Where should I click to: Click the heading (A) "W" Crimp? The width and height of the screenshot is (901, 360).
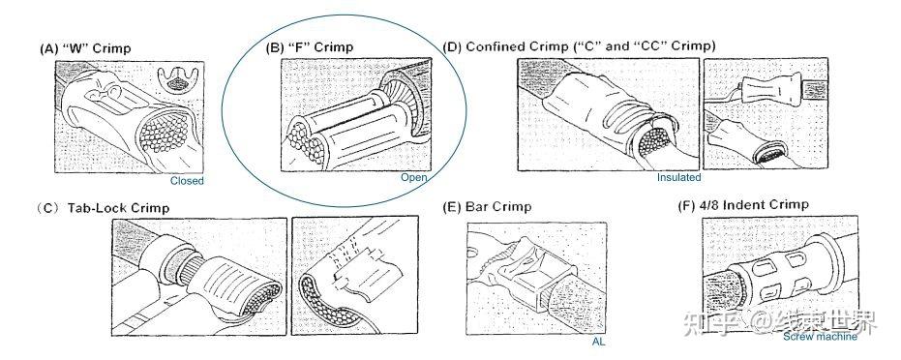(85, 48)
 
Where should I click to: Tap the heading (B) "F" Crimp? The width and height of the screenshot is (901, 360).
(309, 47)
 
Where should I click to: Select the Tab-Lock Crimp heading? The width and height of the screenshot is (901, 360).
(103, 207)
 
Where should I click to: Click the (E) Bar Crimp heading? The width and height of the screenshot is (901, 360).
(488, 206)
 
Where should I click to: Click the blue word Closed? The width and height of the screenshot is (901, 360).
(187, 181)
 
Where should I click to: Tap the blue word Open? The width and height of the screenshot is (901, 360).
(414, 177)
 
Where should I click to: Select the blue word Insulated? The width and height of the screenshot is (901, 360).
(679, 177)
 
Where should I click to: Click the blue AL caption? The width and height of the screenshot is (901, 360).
(598, 341)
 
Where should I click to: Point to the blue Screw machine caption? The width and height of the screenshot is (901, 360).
(820, 337)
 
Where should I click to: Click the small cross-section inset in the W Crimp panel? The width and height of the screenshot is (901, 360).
(178, 79)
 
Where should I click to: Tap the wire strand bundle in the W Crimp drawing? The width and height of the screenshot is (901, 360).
(165, 131)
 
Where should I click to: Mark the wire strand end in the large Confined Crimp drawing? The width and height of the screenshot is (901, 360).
(655, 140)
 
